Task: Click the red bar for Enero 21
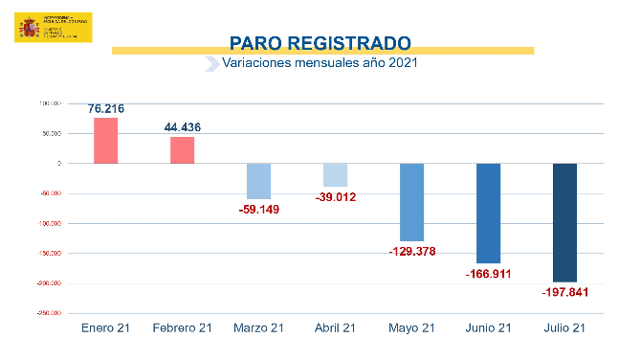[106, 141]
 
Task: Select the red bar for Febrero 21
[183, 150]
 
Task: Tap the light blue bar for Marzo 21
[259, 181]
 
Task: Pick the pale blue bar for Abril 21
[335, 175]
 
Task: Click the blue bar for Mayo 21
[412, 202]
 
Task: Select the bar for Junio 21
[489, 214]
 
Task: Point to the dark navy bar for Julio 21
[565, 222]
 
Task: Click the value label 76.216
[106, 109]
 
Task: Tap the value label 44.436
[183, 127]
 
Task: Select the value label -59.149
[259, 209]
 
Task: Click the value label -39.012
[335, 197]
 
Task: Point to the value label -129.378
[412, 252]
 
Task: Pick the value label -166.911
[489, 274]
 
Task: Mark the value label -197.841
[565, 292]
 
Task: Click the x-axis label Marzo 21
[259, 328]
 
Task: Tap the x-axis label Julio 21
[565, 328]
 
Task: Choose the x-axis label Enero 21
[106, 328]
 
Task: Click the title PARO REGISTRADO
[321, 43]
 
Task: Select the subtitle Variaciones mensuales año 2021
[320, 63]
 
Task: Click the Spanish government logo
[54, 28]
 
